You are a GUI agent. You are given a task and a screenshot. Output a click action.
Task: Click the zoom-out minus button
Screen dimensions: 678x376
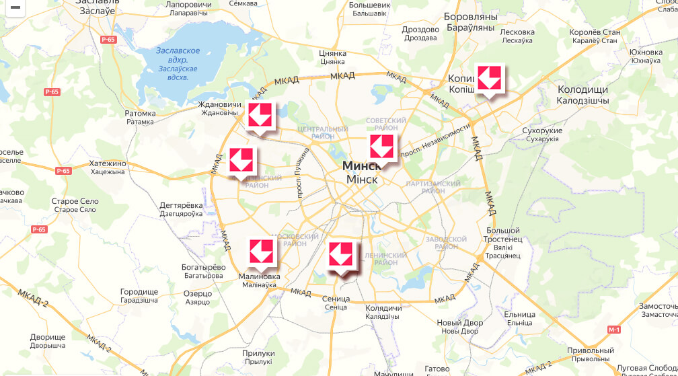[x=14, y=7]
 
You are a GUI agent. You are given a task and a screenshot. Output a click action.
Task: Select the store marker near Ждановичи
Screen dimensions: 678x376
[x=260, y=115]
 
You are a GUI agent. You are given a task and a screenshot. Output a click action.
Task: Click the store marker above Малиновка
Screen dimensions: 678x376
[x=261, y=251]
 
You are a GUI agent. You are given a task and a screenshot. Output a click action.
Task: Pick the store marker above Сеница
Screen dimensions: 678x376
[x=340, y=254]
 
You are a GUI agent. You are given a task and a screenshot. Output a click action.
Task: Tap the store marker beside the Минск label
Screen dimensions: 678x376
[x=381, y=146]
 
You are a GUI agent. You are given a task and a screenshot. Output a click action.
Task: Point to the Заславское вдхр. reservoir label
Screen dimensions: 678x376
[x=178, y=51]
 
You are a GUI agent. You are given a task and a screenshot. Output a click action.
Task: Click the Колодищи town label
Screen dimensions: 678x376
[x=582, y=89]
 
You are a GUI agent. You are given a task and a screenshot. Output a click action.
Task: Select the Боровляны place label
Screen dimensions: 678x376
[x=470, y=16]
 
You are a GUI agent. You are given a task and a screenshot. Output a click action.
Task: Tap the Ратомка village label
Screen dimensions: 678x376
[x=140, y=114]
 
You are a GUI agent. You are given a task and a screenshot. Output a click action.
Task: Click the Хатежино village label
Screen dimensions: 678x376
[x=108, y=163]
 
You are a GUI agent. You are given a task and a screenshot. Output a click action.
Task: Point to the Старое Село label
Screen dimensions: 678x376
[x=75, y=201]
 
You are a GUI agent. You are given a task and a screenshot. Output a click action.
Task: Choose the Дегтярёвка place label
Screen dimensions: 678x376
[x=181, y=205]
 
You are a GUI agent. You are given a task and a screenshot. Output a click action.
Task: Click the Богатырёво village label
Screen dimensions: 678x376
[x=202, y=267]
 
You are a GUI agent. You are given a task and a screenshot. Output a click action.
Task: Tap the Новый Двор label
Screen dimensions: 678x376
[x=459, y=323]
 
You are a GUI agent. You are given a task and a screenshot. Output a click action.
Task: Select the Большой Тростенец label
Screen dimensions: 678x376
[x=502, y=235]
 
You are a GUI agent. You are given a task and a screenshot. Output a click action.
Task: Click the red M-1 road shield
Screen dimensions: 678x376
[x=613, y=330]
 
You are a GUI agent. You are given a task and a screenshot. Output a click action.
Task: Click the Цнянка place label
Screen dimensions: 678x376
[x=333, y=53]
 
